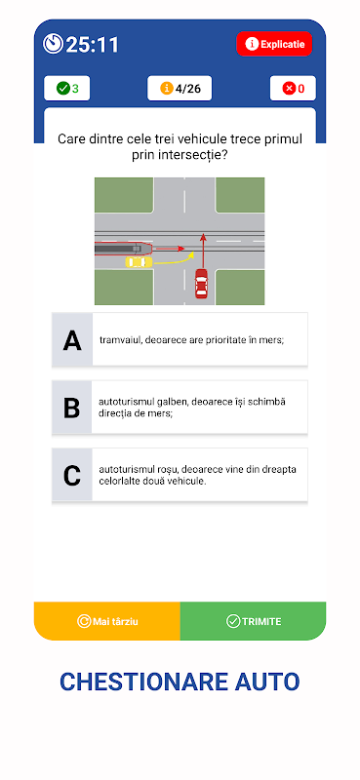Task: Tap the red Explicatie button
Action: pyautogui.click(x=274, y=44)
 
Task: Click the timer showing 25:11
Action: pyautogui.click(x=81, y=44)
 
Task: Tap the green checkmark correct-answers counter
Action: pyautogui.click(x=67, y=89)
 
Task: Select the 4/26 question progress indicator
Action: pyautogui.click(x=180, y=89)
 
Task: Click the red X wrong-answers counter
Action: pyautogui.click(x=293, y=89)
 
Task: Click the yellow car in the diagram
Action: pyautogui.click(x=139, y=261)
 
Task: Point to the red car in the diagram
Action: pyautogui.click(x=201, y=283)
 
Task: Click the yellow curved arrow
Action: pyautogui.click(x=175, y=258)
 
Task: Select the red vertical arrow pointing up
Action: pyautogui.click(x=203, y=250)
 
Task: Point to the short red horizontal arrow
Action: pyautogui.click(x=170, y=248)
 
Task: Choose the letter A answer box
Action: pyautogui.click(x=72, y=340)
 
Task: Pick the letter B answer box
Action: pyautogui.click(x=71, y=408)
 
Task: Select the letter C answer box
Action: pyautogui.click(x=71, y=475)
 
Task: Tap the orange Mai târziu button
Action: pyautogui.click(x=107, y=621)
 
